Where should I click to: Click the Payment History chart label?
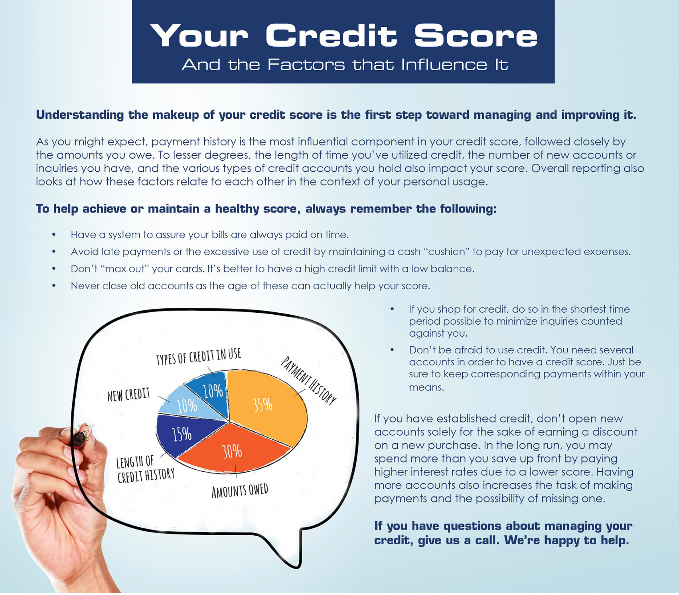[x=308, y=380]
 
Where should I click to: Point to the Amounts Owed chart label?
[x=240, y=491]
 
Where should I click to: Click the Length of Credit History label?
[x=145, y=469]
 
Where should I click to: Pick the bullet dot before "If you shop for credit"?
[x=392, y=309]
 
